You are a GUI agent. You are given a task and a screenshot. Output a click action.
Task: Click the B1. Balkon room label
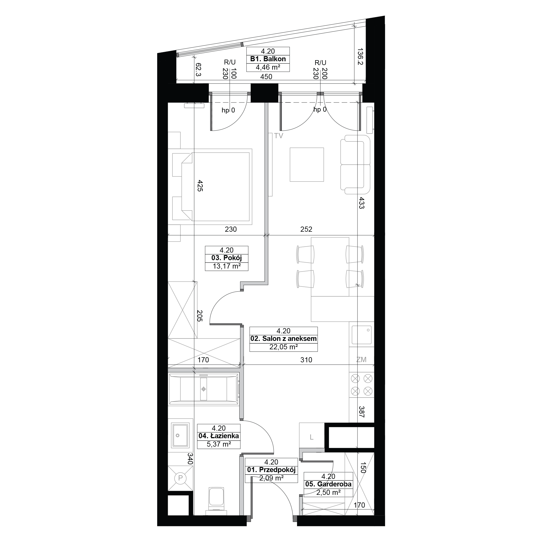(268, 59)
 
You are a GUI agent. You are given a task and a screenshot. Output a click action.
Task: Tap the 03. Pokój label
(226, 258)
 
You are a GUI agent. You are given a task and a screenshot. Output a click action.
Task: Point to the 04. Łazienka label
(218, 436)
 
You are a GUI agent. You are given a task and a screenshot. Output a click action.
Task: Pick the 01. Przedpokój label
(271, 470)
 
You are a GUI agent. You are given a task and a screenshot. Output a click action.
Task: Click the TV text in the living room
(279, 136)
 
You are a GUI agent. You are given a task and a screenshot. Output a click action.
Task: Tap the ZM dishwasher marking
(361, 359)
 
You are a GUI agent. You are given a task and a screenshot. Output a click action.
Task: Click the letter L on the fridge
(311, 437)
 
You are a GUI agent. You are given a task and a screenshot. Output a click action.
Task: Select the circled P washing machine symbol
(180, 478)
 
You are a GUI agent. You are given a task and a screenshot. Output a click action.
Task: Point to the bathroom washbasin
(180, 435)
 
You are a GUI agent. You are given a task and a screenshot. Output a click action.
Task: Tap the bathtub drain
(204, 389)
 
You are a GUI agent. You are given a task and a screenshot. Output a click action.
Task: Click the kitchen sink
(362, 335)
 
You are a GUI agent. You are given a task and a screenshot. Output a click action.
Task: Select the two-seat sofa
(355, 164)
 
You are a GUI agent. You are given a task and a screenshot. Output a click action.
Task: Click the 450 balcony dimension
(266, 77)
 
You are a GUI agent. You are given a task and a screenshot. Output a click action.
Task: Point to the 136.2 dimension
(360, 56)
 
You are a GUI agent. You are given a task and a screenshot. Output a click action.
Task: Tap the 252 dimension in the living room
(306, 229)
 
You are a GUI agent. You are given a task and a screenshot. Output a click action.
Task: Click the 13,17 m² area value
(227, 266)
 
